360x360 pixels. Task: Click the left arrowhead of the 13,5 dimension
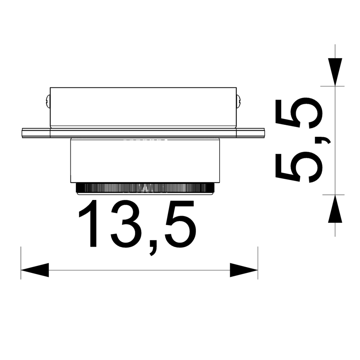35,270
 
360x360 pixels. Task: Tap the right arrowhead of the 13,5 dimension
244,270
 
